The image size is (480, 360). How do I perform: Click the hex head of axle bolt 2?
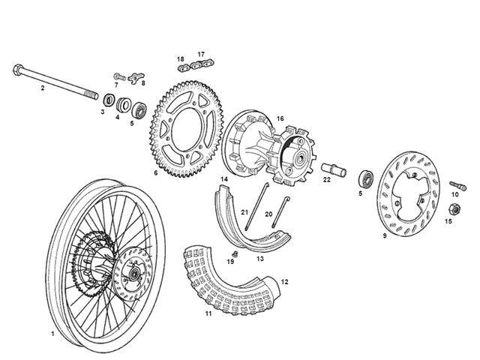click(x=18, y=70)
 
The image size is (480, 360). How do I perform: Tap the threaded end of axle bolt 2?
click(x=91, y=94)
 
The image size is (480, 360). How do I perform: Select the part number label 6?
click(x=156, y=173)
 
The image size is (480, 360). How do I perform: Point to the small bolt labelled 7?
click(x=119, y=76)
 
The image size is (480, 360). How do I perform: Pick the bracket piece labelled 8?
click(x=136, y=77)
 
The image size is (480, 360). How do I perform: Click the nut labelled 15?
click(x=455, y=209)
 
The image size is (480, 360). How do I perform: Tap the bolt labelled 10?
click(x=458, y=185)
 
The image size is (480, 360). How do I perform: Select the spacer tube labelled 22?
click(x=334, y=169)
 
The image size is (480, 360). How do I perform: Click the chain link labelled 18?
click(x=184, y=67)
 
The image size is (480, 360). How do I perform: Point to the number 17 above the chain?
click(x=201, y=54)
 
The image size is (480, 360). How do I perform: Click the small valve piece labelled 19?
click(x=235, y=253)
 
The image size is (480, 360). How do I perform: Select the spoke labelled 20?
click(x=280, y=212)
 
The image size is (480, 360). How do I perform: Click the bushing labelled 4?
click(x=123, y=105)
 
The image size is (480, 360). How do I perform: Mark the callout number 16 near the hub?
click(x=280, y=118)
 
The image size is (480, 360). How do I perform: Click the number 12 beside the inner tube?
click(x=284, y=282)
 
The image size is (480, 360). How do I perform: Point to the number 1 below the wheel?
click(x=52, y=334)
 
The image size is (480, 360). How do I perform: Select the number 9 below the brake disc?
click(x=385, y=235)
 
